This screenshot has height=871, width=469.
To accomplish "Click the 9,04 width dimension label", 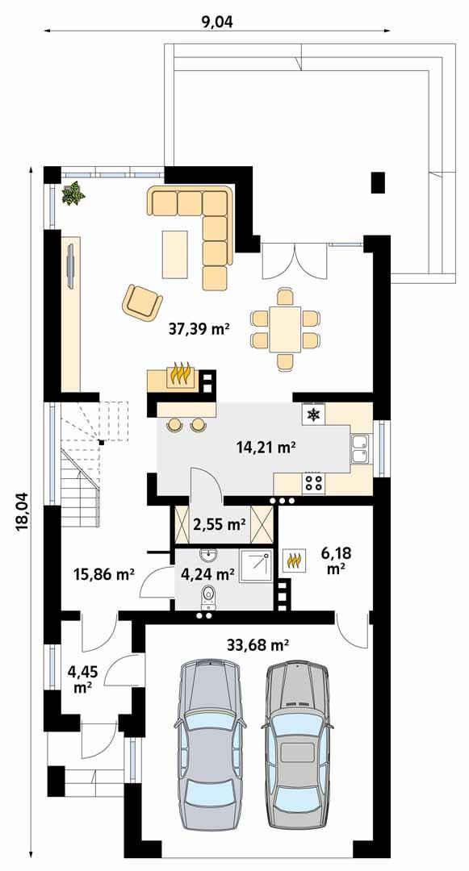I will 216,22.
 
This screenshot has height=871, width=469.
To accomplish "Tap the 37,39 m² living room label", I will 199,328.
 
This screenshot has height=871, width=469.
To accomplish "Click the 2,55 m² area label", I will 220,524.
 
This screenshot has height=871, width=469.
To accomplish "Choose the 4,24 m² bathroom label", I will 207,575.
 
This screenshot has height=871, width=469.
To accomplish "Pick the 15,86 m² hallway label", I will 103,575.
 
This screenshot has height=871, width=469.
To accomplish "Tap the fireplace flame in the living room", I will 180,375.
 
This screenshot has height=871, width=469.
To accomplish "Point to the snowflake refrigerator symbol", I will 312,415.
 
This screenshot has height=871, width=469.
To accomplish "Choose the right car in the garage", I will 297,734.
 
